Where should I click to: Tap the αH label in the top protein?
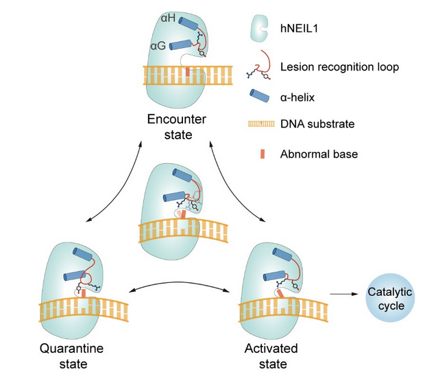pos(167,17)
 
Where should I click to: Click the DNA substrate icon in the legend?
pos(259,125)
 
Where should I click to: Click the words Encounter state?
pos(176,127)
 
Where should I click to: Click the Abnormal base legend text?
pos(319,154)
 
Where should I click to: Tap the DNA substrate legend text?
pos(318,125)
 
